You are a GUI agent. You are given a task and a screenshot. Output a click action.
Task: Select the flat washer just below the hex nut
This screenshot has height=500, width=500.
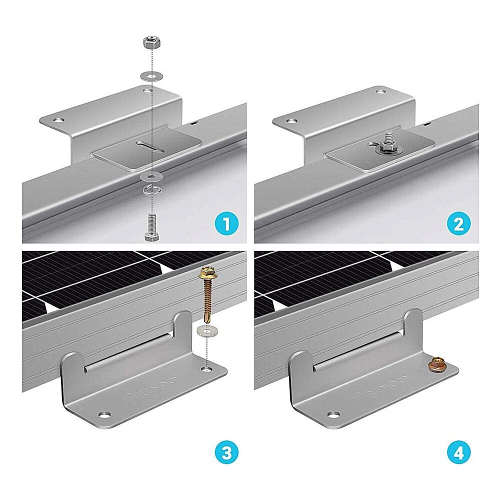150,75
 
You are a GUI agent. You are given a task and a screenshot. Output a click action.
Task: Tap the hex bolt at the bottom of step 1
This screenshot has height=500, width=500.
150,225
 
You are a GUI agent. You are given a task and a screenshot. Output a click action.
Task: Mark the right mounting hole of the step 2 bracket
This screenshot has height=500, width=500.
381,92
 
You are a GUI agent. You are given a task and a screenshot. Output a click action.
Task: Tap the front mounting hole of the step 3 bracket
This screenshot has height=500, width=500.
104,415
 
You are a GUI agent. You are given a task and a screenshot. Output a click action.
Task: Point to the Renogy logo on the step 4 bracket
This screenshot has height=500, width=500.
382,385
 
